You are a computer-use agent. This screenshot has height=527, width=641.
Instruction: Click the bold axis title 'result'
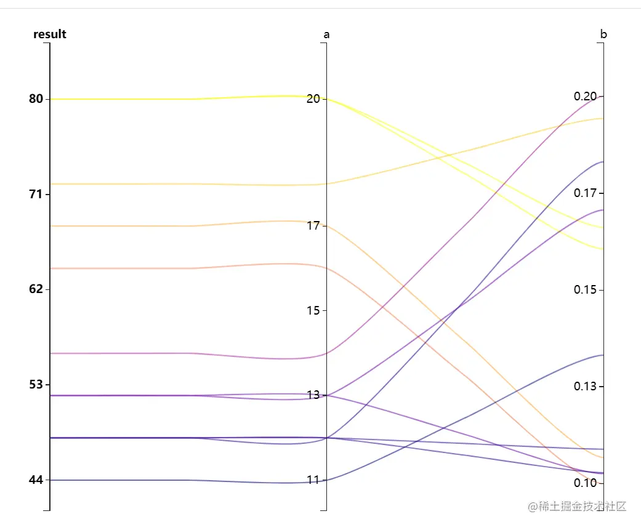pos(50,34)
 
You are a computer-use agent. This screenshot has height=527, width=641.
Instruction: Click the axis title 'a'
pos(326,35)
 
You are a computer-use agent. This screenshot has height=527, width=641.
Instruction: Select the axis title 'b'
pos(603,34)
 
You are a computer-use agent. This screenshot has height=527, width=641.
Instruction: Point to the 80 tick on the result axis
pos(36,99)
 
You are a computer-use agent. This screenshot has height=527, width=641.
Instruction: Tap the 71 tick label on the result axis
pos(36,194)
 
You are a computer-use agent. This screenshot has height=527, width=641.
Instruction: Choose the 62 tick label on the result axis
pos(36,289)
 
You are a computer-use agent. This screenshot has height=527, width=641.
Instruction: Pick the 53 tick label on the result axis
pos(36,384)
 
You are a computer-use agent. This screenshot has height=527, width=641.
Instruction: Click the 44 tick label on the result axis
pos(36,480)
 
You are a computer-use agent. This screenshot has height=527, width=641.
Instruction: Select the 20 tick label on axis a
pos(313,99)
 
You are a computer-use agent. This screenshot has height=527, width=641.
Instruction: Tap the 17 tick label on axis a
pos(313,225)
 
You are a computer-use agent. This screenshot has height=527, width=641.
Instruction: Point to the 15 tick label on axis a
pos(313,310)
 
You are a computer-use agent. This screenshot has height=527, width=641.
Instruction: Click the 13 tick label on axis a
pos(313,395)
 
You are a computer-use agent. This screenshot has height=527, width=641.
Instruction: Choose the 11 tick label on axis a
pos(313,480)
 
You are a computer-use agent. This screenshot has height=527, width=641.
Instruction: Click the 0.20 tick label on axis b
pos(585,97)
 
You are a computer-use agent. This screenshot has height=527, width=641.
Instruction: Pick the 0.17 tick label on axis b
pos(585,193)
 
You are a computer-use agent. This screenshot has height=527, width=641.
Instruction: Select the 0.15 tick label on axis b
pos(585,290)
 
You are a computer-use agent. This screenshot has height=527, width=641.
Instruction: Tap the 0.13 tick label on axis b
pos(585,387)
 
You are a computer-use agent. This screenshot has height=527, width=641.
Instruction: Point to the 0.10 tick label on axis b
pos(585,483)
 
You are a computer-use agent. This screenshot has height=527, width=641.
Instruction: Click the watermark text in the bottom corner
pos(577,507)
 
